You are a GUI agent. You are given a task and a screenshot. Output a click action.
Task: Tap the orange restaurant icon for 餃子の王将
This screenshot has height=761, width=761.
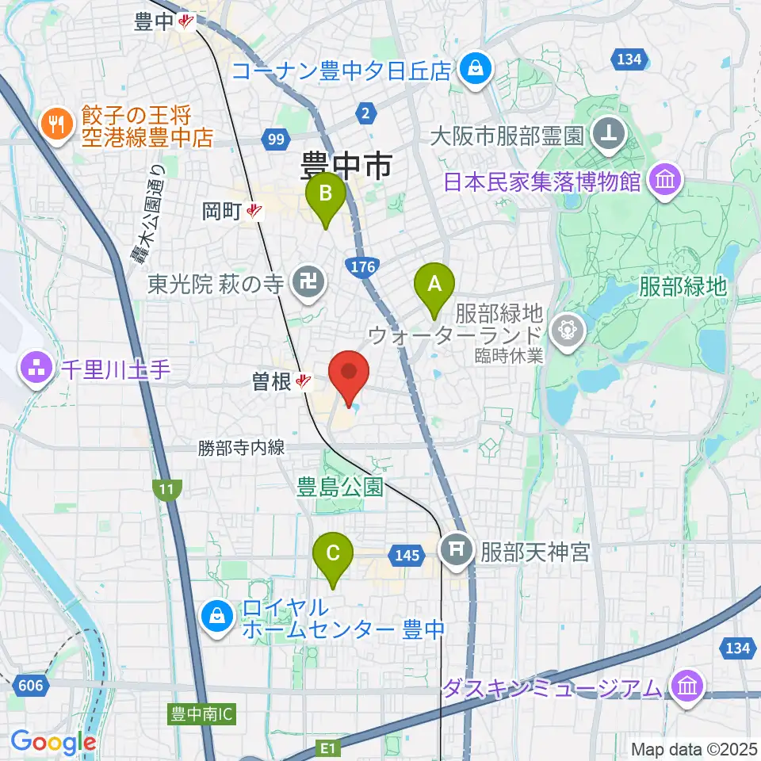[x=55, y=124]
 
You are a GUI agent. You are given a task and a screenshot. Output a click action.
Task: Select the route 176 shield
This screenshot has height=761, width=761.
[x=360, y=267]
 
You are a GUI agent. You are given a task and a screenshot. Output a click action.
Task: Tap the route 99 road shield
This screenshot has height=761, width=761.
[x=276, y=140]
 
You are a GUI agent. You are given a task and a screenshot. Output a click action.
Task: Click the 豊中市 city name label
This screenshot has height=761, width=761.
[x=346, y=167]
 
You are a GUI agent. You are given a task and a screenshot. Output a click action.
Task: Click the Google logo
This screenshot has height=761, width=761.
[x=53, y=743]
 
